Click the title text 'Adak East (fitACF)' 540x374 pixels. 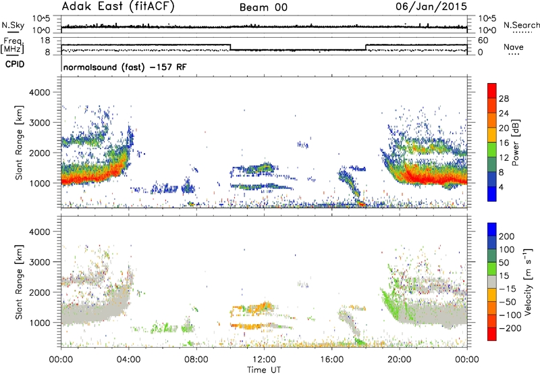118,7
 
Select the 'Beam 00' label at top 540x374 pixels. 263,7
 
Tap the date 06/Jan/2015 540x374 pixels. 431,7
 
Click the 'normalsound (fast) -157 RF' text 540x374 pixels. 125,67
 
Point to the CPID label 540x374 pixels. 15,64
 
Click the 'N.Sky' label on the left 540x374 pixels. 13,25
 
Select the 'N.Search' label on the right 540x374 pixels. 521,25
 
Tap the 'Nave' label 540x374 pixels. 514,47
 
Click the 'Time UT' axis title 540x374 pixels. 264,369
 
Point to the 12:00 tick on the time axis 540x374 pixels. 264,360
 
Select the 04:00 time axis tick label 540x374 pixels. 128,360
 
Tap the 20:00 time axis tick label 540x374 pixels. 400,360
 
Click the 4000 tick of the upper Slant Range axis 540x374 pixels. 39,92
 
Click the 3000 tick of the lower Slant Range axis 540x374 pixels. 39,262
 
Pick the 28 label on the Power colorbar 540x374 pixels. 504,99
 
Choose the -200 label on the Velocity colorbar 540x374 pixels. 510,328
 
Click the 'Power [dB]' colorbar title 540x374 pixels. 516,142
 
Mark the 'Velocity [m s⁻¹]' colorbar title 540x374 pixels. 528,282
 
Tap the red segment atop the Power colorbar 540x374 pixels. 492,90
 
